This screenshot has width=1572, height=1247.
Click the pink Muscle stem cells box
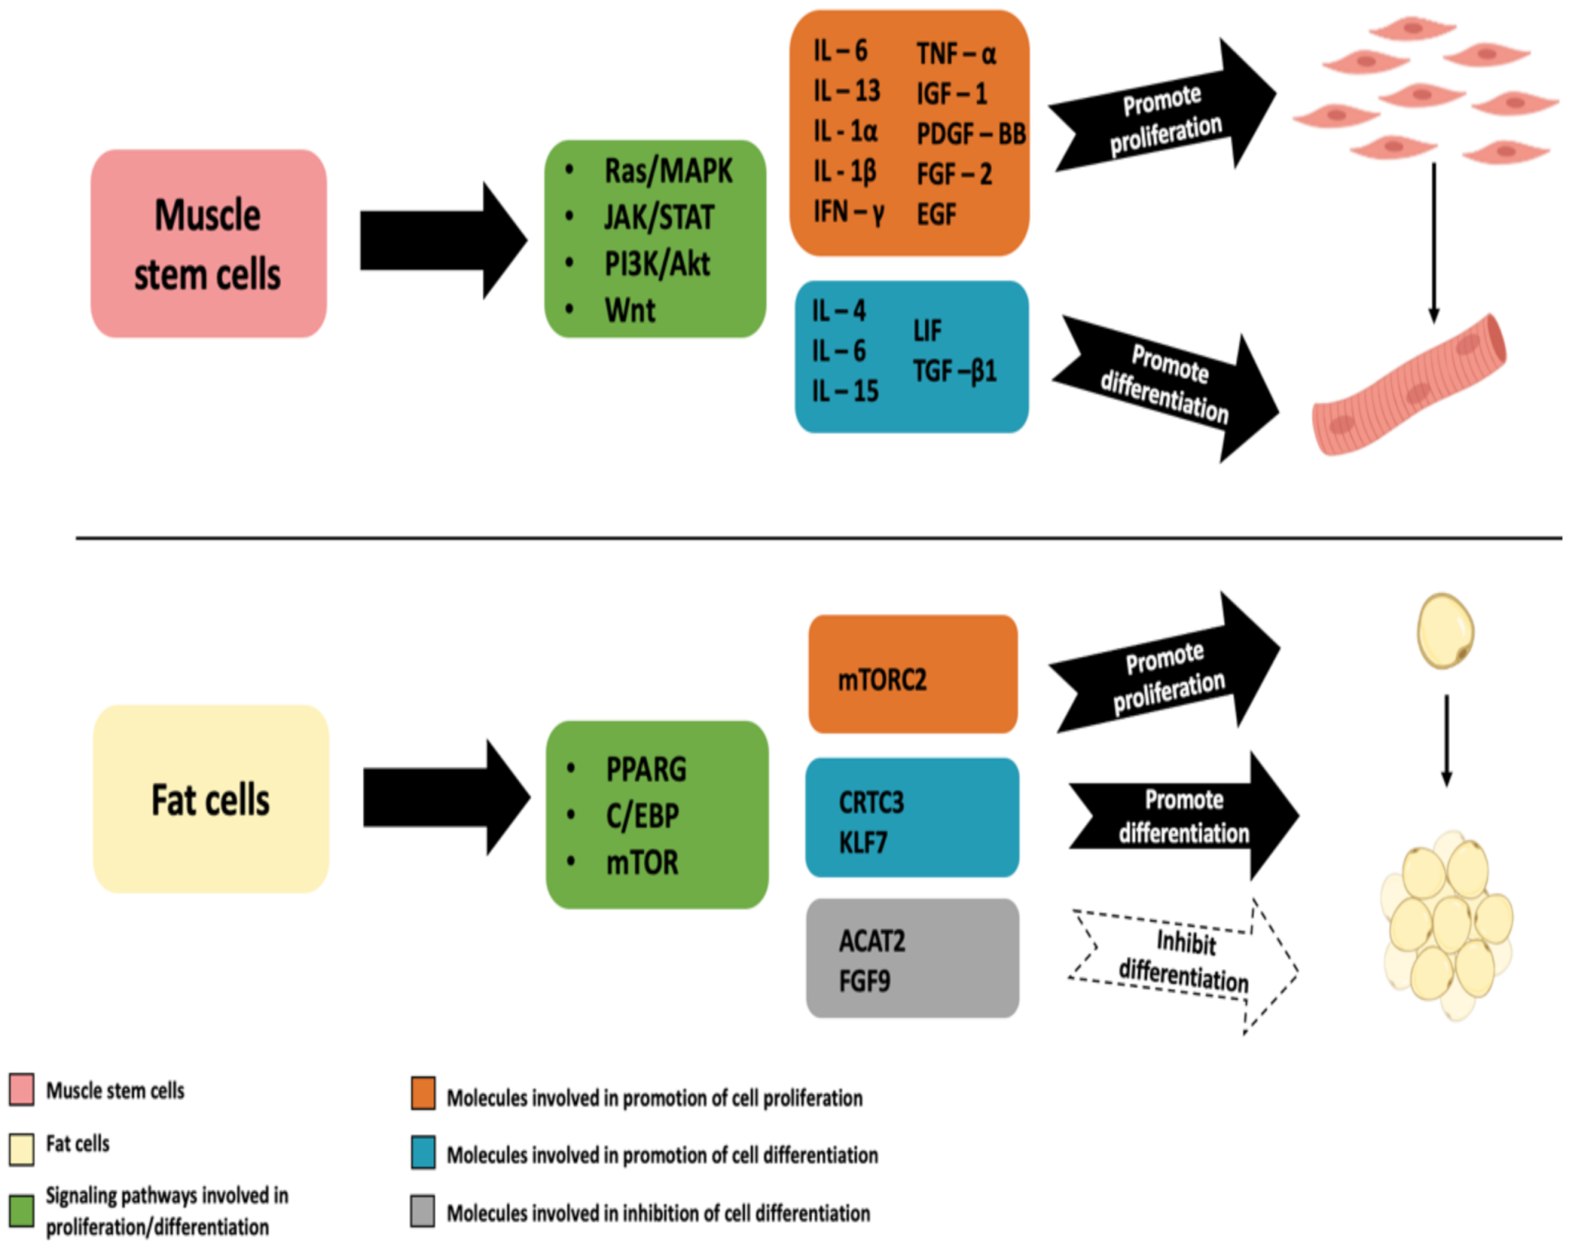pos(208,243)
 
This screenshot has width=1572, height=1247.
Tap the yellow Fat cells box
pos(211,799)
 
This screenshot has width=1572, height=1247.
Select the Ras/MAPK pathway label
pos(668,171)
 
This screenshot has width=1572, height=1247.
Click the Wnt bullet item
pos(630,311)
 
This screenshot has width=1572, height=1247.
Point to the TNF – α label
pos(955,54)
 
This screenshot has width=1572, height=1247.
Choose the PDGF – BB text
pos(971,134)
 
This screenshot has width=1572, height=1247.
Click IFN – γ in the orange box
pos(848,212)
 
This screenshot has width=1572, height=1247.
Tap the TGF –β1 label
pos(954,372)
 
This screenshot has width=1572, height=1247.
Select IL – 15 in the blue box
pos(845,391)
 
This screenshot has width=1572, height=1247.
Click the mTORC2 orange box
pos(913,675)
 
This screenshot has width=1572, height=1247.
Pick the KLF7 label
pos(862,843)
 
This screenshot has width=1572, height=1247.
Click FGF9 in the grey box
pos(864,981)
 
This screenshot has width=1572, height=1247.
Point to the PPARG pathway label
pos(646,769)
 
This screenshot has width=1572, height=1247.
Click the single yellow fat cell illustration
pos(1445,631)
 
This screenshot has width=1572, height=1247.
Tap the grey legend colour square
pos(422,1211)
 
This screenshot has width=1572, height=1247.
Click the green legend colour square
pos(21,1211)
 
